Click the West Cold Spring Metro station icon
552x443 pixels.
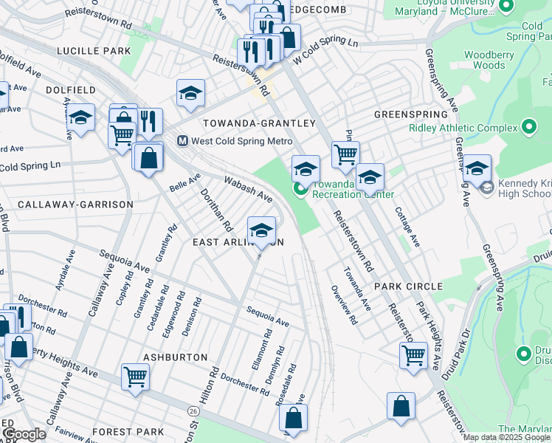coord(182,140)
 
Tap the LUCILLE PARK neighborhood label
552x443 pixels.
coord(94,51)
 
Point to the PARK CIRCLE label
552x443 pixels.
coord(408,286)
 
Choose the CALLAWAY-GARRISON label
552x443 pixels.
coord(75,204)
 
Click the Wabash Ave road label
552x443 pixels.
coord(248,188)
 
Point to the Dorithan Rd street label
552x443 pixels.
coord(217,209)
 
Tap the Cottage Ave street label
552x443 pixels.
coord(407,226)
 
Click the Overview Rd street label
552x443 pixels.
coord(344,304)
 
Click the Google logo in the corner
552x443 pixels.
coord(24,434)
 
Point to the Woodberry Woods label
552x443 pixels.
coord(489,60)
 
